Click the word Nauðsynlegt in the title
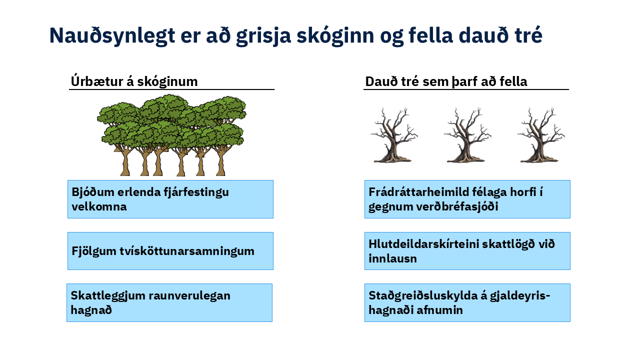[112, 35]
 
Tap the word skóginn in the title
[335, 35]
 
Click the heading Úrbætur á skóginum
[134, 81]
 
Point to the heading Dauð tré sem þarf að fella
[446, 81]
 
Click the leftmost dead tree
[394, 135]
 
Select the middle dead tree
[467, 135]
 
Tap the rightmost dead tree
[541, 135]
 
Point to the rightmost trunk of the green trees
[220, 161]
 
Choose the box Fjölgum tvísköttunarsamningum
[170, 251]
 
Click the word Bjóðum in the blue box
[93, 192]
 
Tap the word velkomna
[99, 206]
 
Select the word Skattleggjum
[108, 296]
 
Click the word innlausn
[392, 258]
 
